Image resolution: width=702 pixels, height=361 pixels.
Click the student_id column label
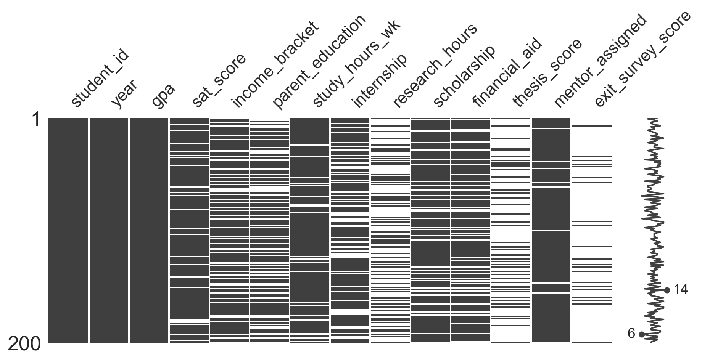tap(100, 79)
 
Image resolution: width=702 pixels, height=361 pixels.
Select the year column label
tap(124, 95)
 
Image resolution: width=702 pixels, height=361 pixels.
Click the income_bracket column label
tap(274, 65)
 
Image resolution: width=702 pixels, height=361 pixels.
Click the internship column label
tap(380, 81)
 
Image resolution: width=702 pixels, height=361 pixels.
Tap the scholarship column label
tap(464, 77)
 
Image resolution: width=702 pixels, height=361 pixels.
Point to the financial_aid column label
tap(507, 73)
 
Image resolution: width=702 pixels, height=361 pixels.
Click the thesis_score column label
tap(547, 73)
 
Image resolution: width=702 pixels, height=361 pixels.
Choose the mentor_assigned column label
tap(600, 61)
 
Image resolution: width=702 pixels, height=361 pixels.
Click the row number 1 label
tap(36, 120)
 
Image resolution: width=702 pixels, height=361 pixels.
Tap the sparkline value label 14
tap(680, 290)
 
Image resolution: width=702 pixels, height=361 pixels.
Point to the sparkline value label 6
tap(631, 334)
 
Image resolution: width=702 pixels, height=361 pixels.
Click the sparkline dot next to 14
tap(667, 290)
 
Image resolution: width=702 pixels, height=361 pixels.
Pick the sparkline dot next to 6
tap(642, 334)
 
